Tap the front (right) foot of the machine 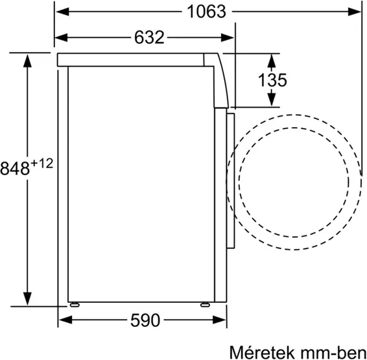(205, 302)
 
